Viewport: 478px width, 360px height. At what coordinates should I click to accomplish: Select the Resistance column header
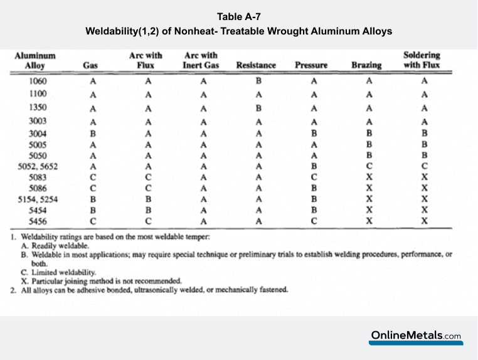256,65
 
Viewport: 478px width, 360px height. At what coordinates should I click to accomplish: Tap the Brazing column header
366,65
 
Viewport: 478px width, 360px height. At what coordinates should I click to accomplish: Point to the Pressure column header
312,65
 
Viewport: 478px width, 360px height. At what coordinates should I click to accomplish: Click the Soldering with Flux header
422,60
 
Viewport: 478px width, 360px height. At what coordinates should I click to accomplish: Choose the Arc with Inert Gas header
201,60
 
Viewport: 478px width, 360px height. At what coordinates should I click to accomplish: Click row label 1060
38,81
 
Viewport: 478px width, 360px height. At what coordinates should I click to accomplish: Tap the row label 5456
38,221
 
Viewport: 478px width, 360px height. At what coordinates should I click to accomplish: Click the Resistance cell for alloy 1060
258,81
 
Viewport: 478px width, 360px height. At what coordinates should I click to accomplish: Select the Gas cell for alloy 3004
93,134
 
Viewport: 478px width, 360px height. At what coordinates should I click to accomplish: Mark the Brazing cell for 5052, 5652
369,167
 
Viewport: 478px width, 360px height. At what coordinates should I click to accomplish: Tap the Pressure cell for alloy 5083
314,177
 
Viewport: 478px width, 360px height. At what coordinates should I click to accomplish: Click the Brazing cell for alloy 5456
369,221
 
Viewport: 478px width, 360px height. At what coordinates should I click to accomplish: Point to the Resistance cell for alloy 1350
258,107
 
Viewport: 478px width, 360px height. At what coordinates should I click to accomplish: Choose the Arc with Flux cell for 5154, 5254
149,199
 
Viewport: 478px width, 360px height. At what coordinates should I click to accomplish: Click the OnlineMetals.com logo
416,336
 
